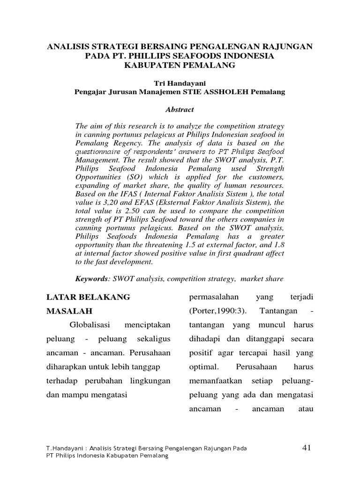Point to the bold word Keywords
click(x=91, y=279)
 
